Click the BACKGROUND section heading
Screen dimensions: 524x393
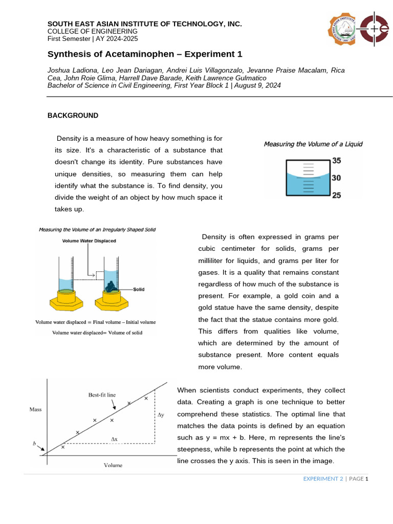tap(73, 116)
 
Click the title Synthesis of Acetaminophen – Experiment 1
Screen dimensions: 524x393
tap(145, 54)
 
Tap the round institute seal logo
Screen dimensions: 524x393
tap(342, 29)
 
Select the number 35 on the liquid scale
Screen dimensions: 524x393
tap(336, 161)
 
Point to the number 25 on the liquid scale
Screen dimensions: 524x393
tap(336, 195)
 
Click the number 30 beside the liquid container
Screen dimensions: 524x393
tap(336, 178)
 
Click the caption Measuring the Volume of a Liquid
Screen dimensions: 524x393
tap(313, 144)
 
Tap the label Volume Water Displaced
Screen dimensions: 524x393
tap(89, 241)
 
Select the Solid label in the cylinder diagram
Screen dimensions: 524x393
tap(139, 289)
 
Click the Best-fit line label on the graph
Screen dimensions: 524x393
tap(102, 395)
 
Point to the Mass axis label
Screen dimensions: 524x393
tap(36, 409)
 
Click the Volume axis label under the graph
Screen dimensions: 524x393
tap(113, 465)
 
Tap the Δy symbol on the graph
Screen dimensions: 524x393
tap(161, 415)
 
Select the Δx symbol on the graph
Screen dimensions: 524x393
tap(114, 439)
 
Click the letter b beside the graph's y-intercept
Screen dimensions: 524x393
tap(35, 444)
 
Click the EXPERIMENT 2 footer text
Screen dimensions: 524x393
tap(323, 479)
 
